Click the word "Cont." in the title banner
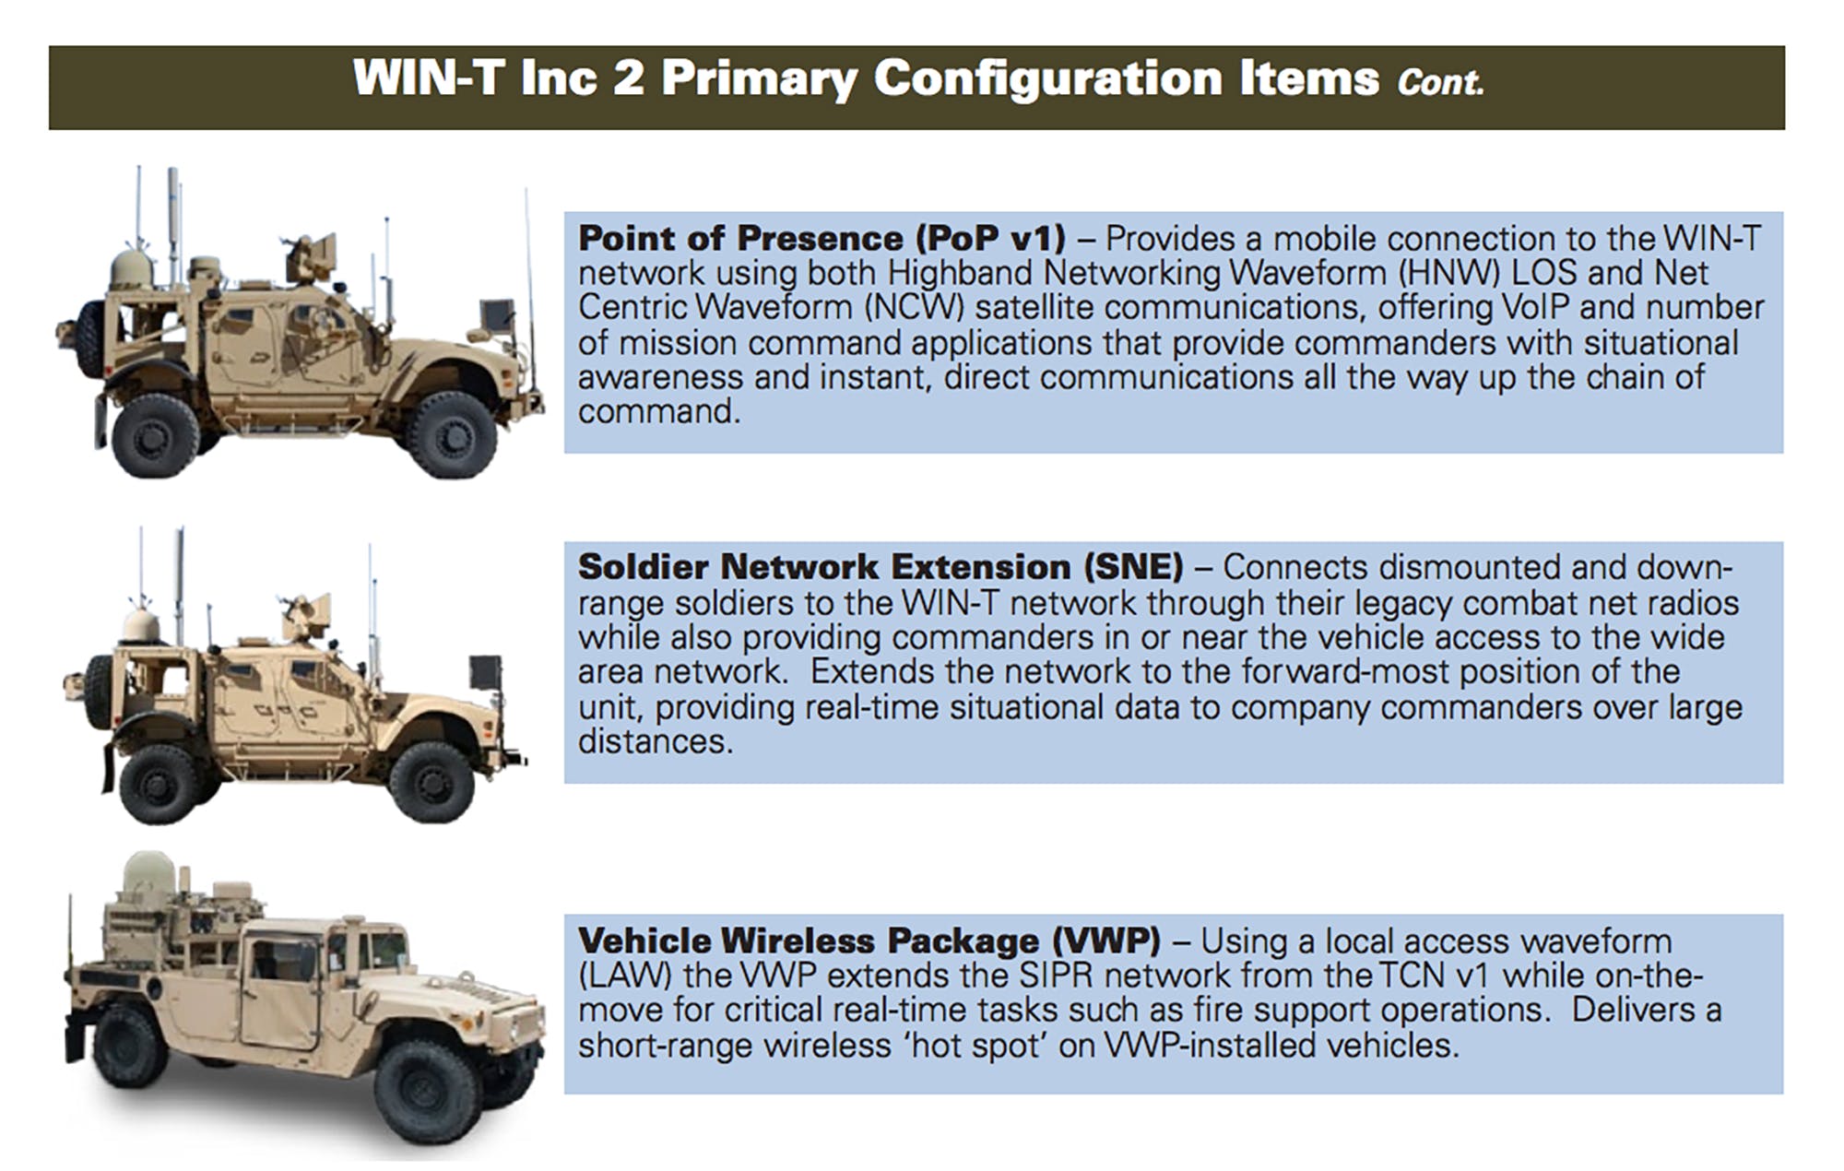(1440, 82)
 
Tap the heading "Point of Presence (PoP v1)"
(822, 238)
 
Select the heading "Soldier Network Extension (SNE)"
(880, 566)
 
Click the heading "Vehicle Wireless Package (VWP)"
(869, 940)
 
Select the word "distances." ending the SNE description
(656, 741)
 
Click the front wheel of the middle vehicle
(431, 782)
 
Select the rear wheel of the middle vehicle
(159, 785)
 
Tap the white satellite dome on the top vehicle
(131, 268)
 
